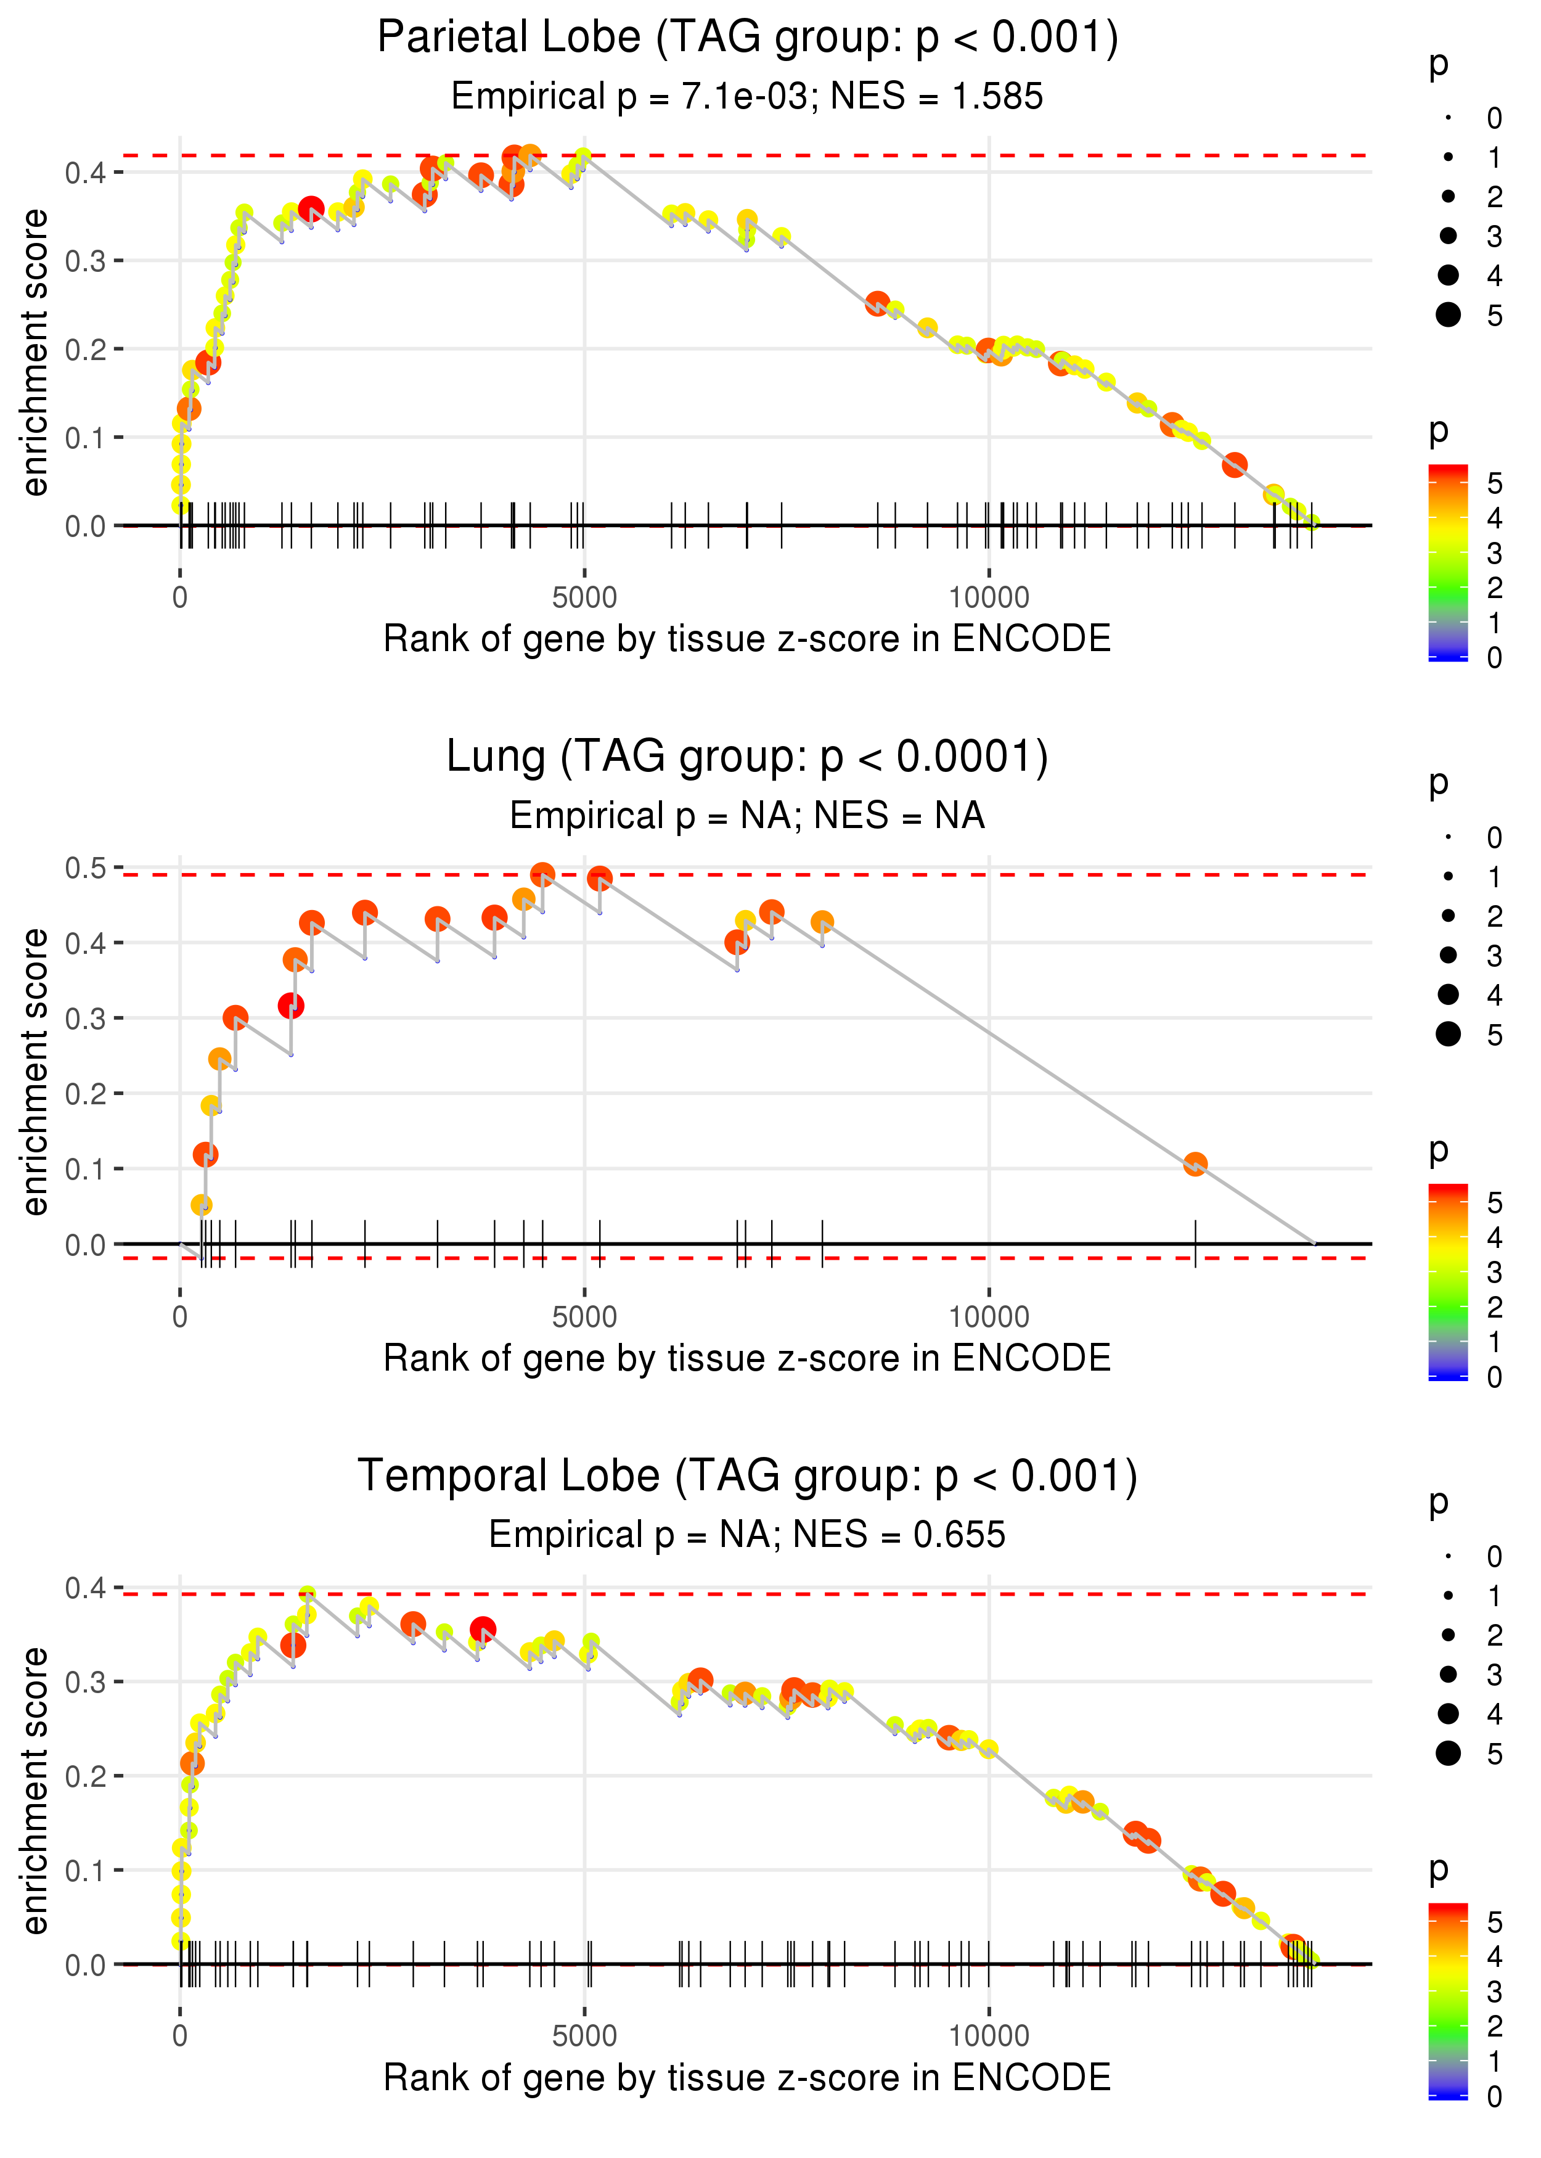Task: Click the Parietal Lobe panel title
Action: [748, 38]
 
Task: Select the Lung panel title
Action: [748, 757]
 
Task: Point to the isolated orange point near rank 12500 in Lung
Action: [1195, 1165]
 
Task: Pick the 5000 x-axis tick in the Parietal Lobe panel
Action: [584, 598]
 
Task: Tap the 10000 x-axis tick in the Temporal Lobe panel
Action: [989, 2037]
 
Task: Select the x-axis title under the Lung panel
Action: [748, 1359]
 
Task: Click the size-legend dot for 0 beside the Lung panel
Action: [1448, 837]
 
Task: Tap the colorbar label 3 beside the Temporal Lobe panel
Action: [1495, 1992]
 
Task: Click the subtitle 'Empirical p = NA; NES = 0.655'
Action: [748, 1535]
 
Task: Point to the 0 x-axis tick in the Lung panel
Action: [180, 1317]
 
